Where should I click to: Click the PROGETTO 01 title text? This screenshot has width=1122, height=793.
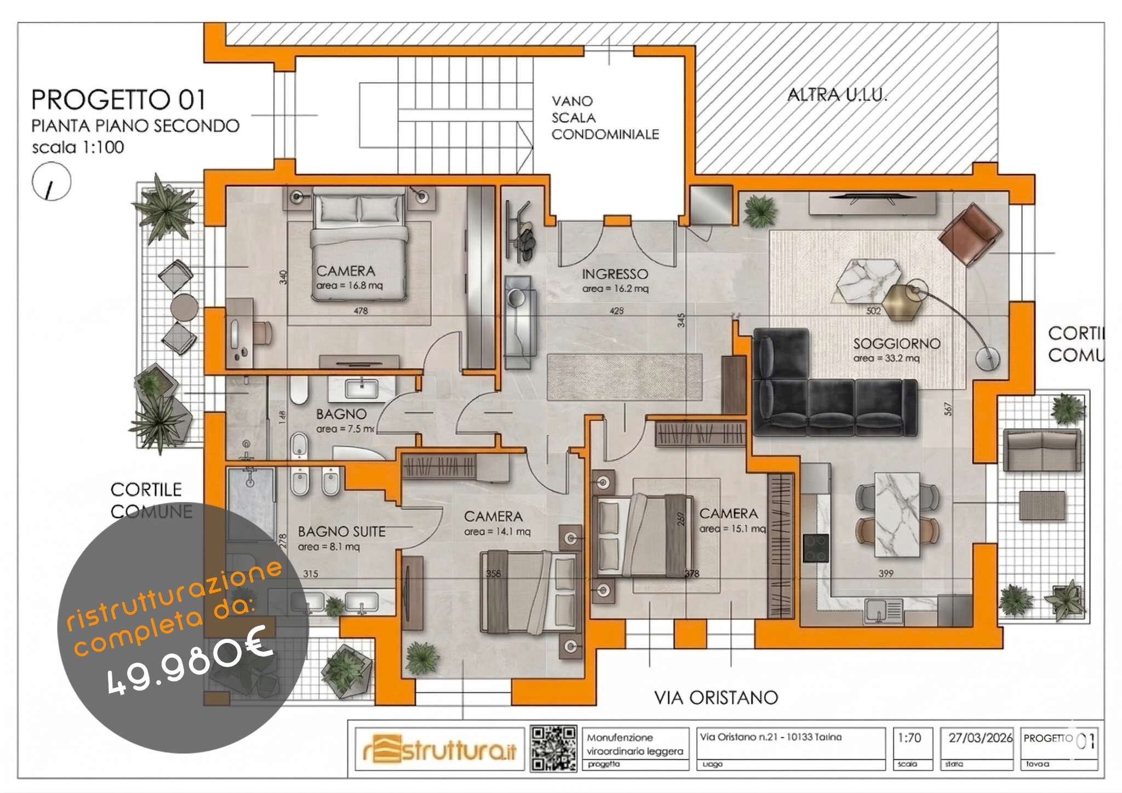[x=118, y=100]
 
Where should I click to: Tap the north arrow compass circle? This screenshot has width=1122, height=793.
[x=51, y=182]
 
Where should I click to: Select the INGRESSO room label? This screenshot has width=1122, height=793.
[x=615, y=274]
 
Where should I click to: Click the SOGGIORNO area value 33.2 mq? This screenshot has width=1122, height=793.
[x=886, y=358]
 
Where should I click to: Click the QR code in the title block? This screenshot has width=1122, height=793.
[x=553, y=748]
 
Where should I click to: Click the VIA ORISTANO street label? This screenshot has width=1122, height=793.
[x=715, y=697]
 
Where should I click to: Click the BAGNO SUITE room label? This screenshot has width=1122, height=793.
[x=341, y=531]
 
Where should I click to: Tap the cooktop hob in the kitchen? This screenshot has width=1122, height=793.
[x=816, y=548]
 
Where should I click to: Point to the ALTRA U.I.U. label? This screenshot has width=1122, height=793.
[x=837, y=95]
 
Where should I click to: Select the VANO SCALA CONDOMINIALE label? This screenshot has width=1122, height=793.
[x=605, y=118]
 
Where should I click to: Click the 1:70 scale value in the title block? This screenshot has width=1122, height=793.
[x=909, y=738]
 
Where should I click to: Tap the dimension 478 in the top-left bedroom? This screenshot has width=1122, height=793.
[x=360, y=311]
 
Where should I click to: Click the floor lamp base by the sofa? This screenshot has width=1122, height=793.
[x=987, y=359]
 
